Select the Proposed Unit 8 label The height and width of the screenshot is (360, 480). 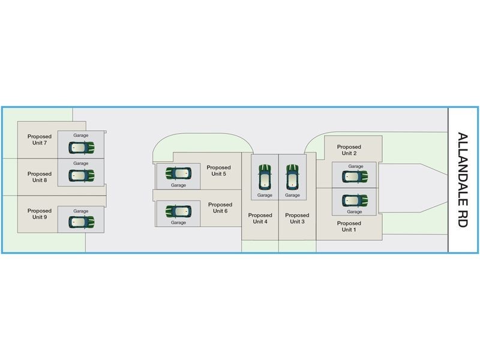coord(40,177)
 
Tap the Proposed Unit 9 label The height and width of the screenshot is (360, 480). coord(40,214)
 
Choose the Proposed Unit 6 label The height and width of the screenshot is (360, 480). coord(220,208)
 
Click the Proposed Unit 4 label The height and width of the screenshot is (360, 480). coord(260,218)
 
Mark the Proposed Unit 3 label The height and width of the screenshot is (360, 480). coord(297,218)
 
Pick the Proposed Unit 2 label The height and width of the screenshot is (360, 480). coord(349,149)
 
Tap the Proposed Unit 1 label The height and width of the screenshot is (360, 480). coord(349,226)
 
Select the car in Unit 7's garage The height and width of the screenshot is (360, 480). coord(81,147)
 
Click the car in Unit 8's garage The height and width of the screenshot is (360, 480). coord(81,175)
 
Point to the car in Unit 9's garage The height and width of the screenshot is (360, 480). coord(81,222)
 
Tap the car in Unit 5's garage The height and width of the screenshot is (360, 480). coord(178,173)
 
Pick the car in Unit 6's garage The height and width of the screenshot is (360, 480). coord(178,211)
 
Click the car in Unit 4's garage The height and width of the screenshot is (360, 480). coord(265,176)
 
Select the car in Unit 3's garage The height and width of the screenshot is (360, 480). coord(292,176)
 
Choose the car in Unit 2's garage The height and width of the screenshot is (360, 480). coord(355,176)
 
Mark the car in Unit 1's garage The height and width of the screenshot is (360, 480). coord(355,200)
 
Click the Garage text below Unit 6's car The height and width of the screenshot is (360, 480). coord(178,223)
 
